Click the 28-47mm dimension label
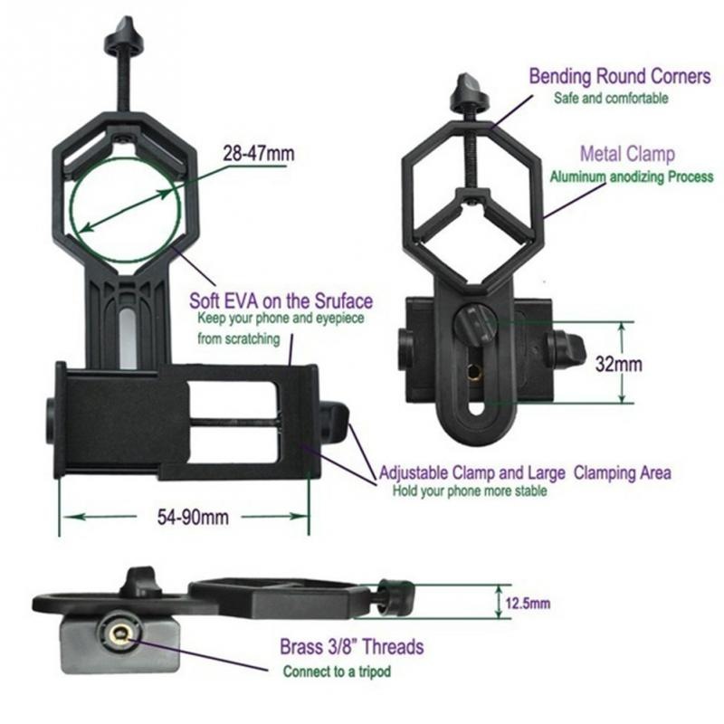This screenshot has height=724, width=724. [259, 153]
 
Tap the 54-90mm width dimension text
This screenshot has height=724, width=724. [193, 517]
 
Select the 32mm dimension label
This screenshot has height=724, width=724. [618, 365]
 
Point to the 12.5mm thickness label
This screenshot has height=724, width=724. [528, 604]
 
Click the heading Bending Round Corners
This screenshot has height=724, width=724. [620, 77]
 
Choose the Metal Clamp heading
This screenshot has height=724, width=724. [627, 154]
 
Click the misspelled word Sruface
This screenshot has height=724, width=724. [344, 301]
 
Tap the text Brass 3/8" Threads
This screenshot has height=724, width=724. [352, 647]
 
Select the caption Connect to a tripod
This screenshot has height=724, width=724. [337, 672]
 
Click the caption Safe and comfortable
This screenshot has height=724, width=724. [611, 98]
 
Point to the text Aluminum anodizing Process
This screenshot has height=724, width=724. [631, 176]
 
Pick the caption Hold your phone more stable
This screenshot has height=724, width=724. [470, 491]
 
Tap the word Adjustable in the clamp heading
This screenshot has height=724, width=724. [414, 473]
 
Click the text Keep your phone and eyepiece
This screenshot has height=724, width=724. [281, 319]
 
